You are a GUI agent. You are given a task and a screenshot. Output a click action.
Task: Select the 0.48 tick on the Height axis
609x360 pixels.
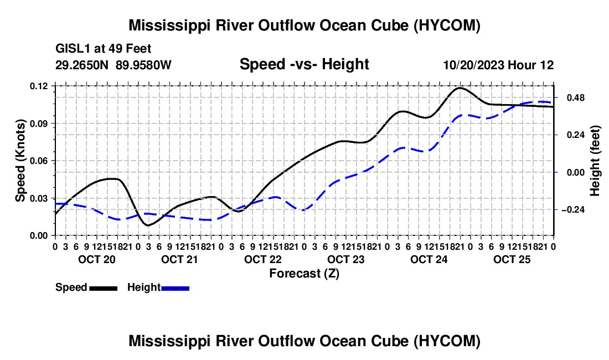576,97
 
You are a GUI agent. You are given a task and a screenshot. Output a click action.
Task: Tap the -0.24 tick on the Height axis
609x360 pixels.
573,210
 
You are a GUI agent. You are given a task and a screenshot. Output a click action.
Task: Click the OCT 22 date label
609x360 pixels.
262,259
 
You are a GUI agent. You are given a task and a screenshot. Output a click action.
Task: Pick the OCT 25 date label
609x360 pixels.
512,259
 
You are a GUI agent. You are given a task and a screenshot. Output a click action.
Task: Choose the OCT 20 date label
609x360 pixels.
97,259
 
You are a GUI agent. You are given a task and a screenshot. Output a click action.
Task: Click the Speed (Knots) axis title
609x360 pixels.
20,161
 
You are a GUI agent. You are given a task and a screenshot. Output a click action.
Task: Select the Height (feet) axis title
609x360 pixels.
595,161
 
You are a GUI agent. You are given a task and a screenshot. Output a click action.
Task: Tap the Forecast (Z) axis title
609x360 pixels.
304,274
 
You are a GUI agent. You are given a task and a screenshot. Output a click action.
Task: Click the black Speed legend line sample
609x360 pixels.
104,288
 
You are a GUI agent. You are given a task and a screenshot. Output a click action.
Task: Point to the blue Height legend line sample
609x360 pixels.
175,288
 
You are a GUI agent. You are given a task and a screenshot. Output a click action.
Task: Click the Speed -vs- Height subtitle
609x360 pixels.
304,64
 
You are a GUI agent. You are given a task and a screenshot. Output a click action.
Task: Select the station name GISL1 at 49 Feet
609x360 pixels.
104,49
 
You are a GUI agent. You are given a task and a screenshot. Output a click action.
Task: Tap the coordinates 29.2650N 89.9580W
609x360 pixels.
113,65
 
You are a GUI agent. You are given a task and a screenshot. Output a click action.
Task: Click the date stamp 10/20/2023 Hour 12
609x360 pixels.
499,65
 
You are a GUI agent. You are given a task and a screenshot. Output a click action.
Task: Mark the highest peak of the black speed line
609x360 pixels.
460,88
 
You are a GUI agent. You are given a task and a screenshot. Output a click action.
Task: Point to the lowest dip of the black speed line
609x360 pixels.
148,225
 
